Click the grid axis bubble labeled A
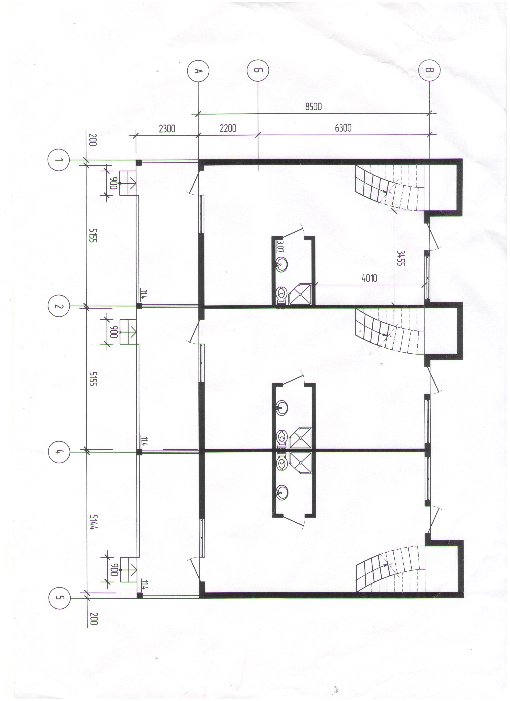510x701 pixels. (198, 71)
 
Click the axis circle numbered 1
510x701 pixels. (59, 160)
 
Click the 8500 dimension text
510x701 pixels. (313, 107)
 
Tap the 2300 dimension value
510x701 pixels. (167, 128)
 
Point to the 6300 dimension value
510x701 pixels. (343, 128)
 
